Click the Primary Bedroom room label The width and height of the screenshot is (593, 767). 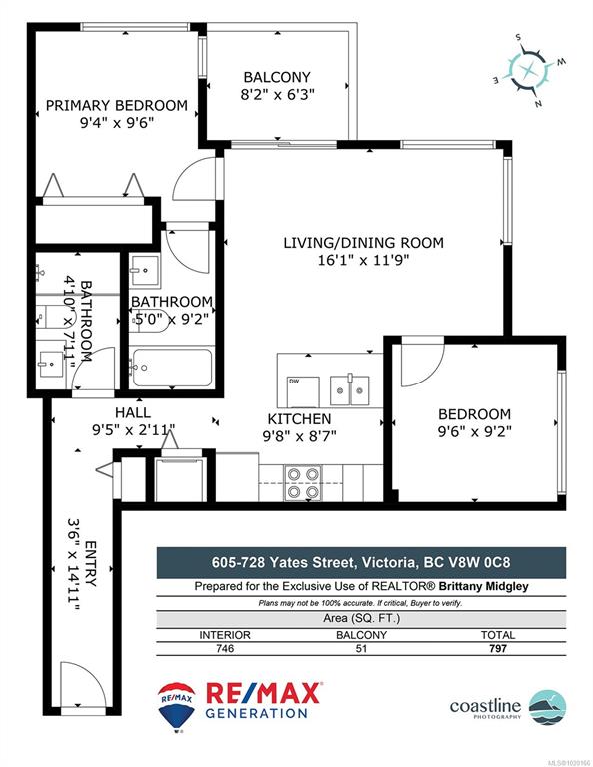(x=117, y=105)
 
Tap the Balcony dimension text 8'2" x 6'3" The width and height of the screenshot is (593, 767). (x=277, y=94)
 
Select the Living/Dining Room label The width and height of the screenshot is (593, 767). (x=363, y=242)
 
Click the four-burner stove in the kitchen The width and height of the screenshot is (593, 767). (x=303, y=483)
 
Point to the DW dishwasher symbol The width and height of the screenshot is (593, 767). (x=304, y=391)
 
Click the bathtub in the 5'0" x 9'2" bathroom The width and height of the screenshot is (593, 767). (x=172, y=367)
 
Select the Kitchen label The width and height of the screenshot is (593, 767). (x=299, y=419)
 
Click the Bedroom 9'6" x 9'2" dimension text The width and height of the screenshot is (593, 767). (x=474, y=431)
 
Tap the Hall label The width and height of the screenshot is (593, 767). (x=133, y=412)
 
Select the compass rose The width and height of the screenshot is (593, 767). (x=529, y=70)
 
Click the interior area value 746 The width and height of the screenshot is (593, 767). (x=225, y=648)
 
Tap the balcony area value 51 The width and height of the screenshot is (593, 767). (x=361, y=648)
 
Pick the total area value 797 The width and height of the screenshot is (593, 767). (x=498, y=648)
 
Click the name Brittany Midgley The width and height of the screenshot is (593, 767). (x=483, y=586)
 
